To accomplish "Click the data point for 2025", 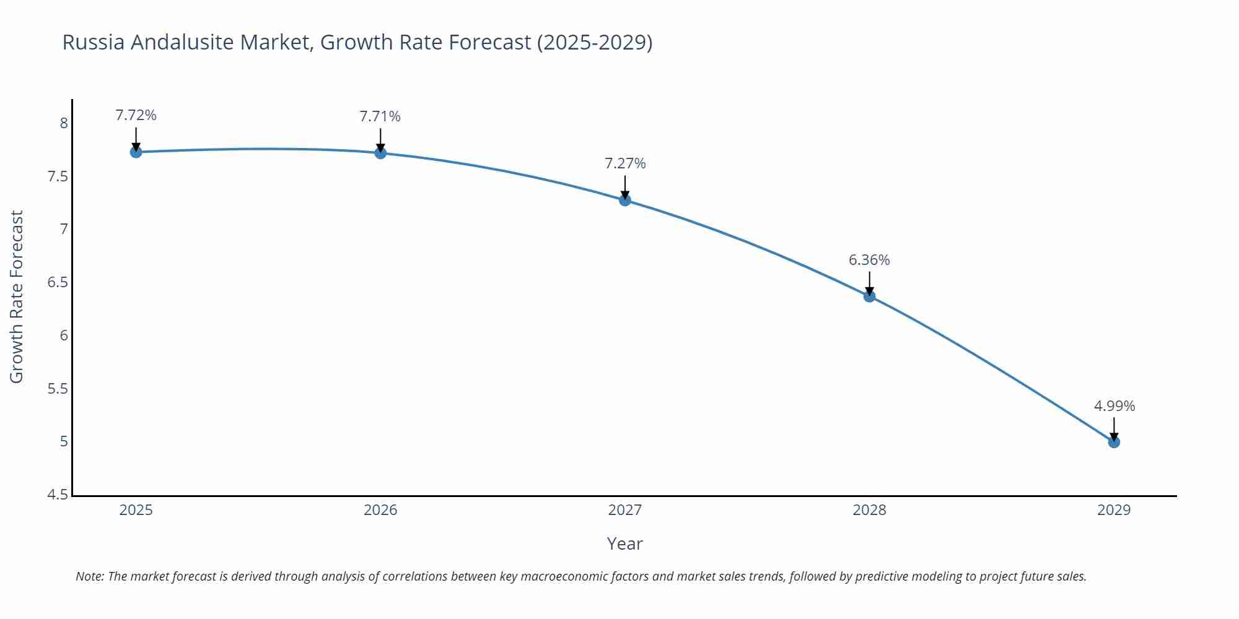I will coord(136,152).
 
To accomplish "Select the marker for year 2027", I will coord(625,200).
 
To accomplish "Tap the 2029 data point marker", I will coord(1114,442).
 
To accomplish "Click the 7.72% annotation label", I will coord(136,115).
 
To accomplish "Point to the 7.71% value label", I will coord(380,116).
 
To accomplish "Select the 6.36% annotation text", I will coord(869,260).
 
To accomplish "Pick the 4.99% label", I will coord(1114,406).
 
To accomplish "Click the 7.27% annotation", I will coord(625,163).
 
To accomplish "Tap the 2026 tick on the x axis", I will coord(380,510).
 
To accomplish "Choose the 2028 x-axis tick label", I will coord(869,510).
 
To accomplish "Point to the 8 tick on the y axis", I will coord(63,123).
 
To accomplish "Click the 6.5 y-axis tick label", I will coord(58,282).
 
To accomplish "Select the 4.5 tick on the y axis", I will coord(58,495).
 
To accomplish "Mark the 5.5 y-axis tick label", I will coord(58,389).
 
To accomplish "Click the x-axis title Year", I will coord(624,543).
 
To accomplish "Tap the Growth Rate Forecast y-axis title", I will coord(17,297).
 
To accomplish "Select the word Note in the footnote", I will coord(89,576).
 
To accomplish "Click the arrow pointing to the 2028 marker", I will coord(869,284).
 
